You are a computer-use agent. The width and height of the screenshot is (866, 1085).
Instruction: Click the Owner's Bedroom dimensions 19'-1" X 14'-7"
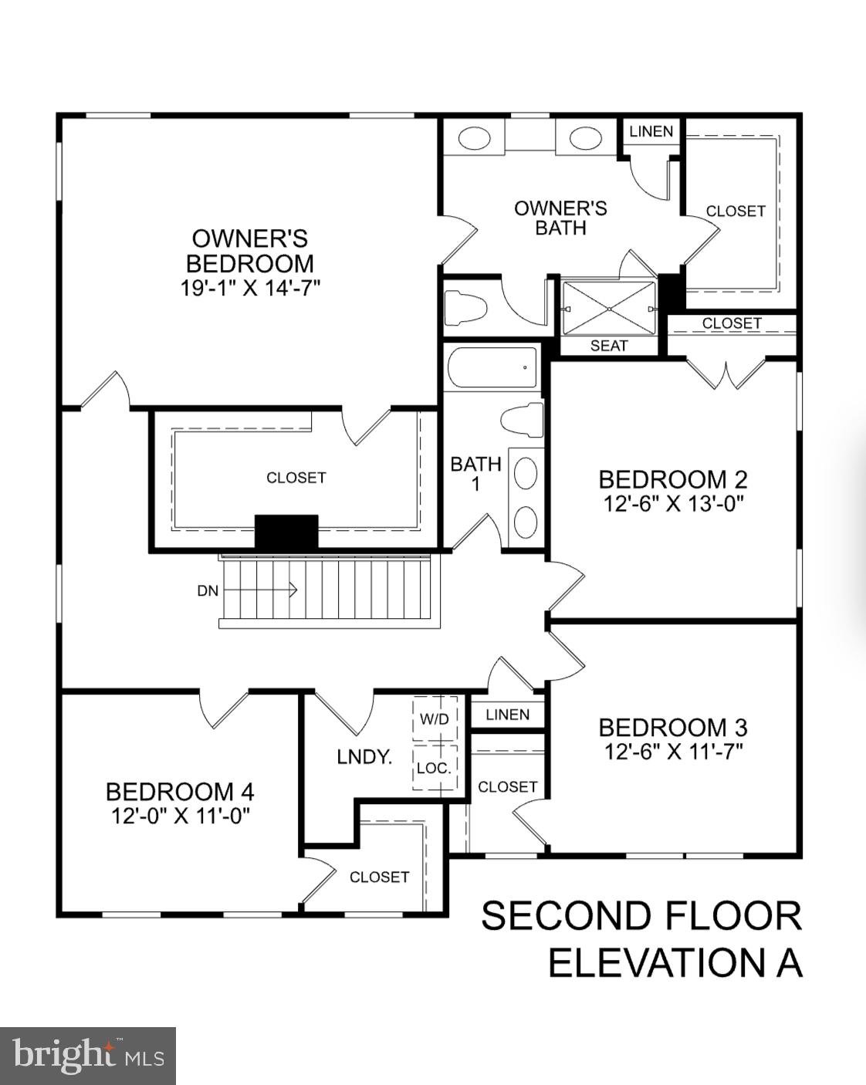click(x=250, y=288)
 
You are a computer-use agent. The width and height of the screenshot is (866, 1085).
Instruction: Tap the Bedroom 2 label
click(x=672, y=479)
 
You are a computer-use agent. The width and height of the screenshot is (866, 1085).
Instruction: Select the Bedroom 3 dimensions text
click(x=673, y=751)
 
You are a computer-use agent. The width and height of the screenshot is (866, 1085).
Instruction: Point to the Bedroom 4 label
click(x=180, y=792)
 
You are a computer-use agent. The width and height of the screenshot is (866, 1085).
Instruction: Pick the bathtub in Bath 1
click(x=492, y=369)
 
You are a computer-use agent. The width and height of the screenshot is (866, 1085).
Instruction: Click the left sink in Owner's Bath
click(x=475, y=139)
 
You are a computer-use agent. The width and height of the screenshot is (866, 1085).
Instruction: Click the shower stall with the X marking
click(x=609, y=308)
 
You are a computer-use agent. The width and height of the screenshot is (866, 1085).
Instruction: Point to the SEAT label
click(x=609, y=346)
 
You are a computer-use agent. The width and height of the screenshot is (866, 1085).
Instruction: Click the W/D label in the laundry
click(x=434, y=719)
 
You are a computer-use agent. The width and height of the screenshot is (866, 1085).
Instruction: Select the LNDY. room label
click(x=364, y=757)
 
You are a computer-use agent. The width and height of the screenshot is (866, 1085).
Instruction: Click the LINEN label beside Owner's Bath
click(x=651, y=131)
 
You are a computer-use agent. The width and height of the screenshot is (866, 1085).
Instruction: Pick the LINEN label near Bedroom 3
click(x=507, y=715)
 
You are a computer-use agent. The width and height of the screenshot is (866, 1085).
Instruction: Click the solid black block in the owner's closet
click(x=286, y=532)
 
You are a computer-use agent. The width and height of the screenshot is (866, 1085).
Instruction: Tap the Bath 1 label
click(x=475, y=473)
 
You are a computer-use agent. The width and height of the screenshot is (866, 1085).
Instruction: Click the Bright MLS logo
click(x=88, y=1056)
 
